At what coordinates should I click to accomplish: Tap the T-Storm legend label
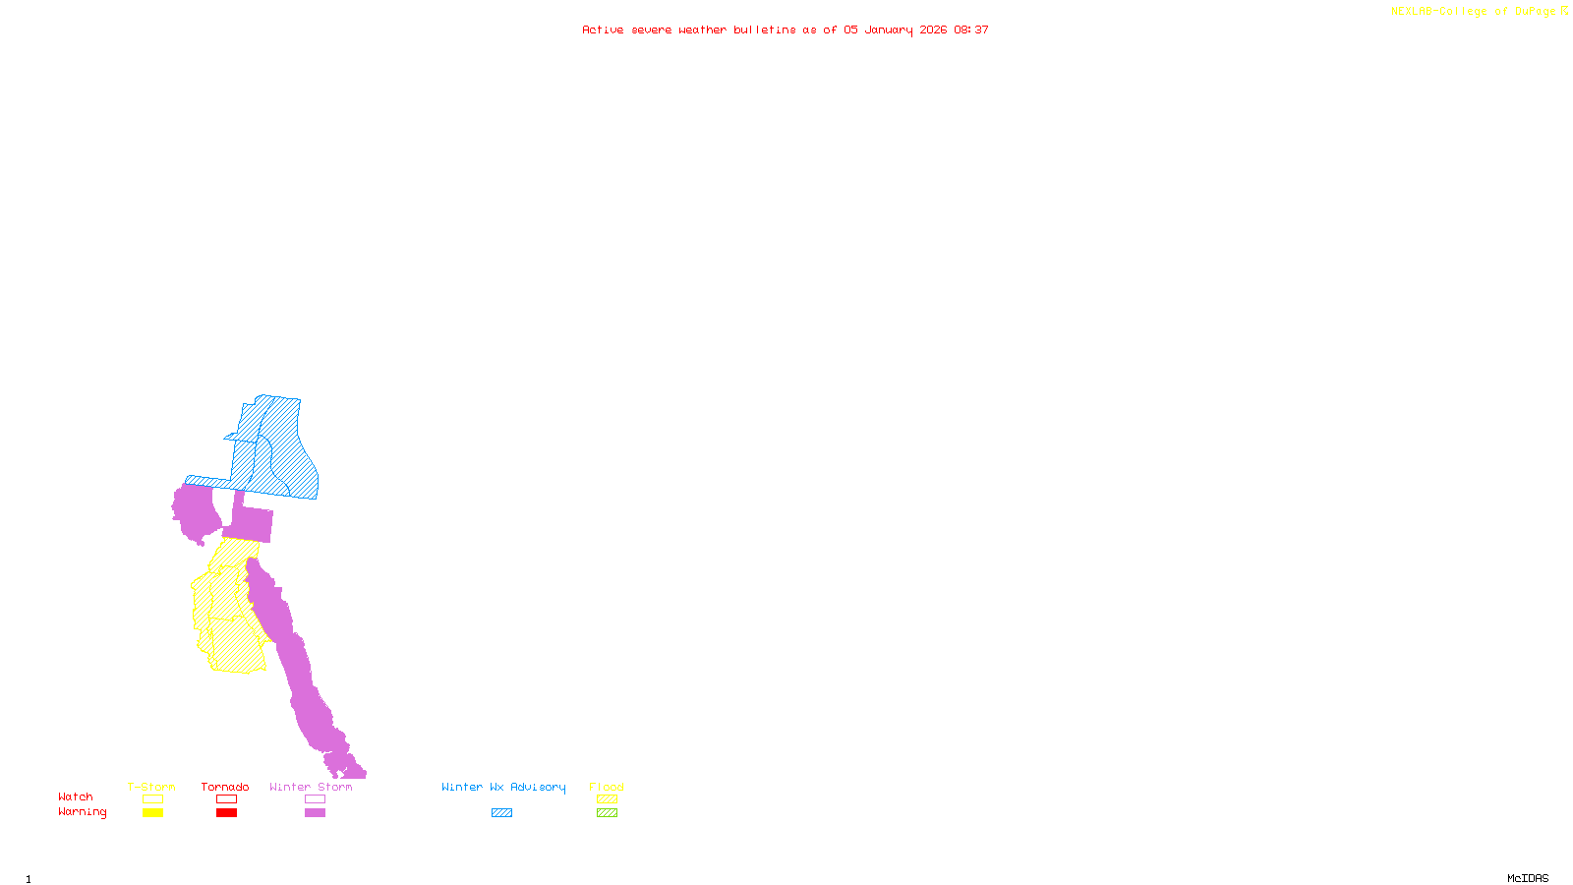(151, 787)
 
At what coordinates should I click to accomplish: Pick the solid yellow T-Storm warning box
(152, 812)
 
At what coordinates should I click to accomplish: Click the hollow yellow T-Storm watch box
(152, 799)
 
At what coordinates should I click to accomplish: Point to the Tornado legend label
(225, 787)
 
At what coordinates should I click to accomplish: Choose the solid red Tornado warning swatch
(226, 812)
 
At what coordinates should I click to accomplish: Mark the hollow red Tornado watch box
(226, 799)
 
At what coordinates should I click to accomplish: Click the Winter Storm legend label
(311, 787)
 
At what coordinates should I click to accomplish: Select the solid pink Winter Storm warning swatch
(315, 812)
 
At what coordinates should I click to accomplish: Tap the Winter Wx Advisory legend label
(503, 787)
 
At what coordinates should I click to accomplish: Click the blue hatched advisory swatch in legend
(501, 812)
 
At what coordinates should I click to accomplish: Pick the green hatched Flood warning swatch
(607, 812)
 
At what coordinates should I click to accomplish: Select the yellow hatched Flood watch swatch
(607, 799)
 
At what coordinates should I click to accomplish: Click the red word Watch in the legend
(76, 796)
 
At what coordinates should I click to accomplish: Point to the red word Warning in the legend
(82, 812)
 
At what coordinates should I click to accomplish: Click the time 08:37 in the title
(971, 29)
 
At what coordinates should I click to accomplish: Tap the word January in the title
(889, 29)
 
